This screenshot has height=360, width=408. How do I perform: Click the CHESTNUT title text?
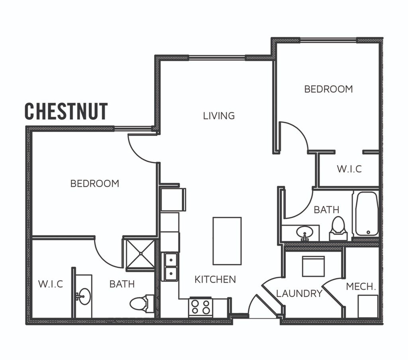pyautogui.click(x=66, y=111)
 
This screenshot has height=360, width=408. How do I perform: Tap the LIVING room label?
pyautogui.click(x=219, y=116)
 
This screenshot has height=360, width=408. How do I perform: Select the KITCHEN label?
pyautogui.click(x=215, y=279)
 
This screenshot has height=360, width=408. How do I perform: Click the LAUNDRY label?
pyautogui.click(x=299, y=294)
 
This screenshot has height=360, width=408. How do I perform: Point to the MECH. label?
pyautogui.click(x=361, y=287)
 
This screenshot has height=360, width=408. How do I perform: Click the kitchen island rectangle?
pyautogui.click(x=227, y=241)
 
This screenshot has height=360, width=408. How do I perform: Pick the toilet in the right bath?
pyautogui.click(x=338, y=229)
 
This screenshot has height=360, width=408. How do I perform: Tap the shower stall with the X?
pyautogui.click(x=141, y=254)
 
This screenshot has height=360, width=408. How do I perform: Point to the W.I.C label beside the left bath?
pyautogui.click(x=51, y=284)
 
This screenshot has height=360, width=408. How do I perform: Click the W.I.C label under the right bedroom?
pyautogui.click(x=349, y=169)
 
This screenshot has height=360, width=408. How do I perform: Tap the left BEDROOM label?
pyautogui.click(x=95, y=184)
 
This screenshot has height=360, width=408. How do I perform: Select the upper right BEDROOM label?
pyautogui.click(x=328, y=89)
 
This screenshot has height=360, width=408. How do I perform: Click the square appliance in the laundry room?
pyautogui.click(x=313, y=266)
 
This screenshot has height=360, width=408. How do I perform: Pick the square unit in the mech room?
pyautogui.click(x=368, y=306)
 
